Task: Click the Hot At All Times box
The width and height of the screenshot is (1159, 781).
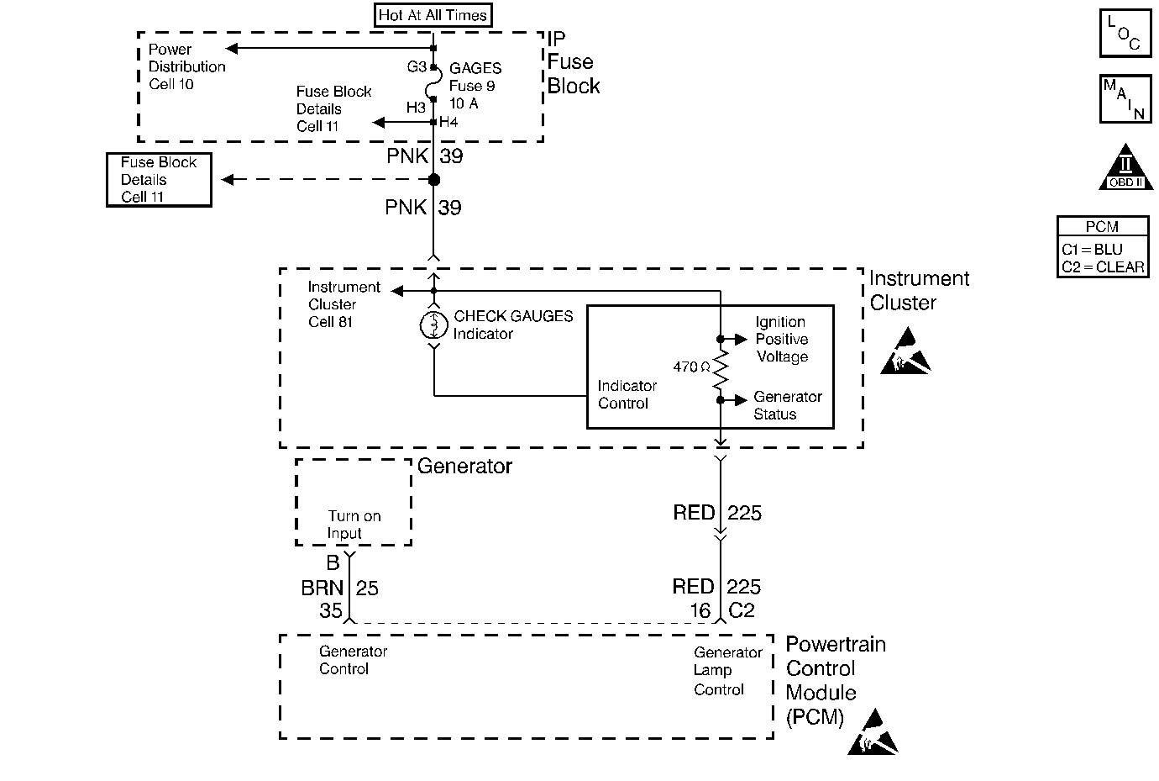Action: click(433, 15)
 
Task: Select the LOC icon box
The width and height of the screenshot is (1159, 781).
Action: click(1125, 34)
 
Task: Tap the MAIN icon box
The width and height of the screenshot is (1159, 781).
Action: click(1125, 99)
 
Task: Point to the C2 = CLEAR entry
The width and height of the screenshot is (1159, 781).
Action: click(1103, 267)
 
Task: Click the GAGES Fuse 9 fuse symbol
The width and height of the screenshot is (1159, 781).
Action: click(433, 84)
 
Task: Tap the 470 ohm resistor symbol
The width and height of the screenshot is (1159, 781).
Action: click(720, 370)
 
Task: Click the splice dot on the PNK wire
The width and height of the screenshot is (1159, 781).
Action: click(433, 180)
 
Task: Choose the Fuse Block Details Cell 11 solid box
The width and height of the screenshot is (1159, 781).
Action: click(159, 180)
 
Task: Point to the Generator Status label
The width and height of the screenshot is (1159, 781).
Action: click(787, 405)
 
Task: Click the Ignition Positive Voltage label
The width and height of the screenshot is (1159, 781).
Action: click(781, 339)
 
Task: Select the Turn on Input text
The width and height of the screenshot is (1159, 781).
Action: click(354, 525)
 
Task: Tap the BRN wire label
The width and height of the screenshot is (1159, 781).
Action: click(323, 588)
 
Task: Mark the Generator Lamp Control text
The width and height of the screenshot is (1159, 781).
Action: click(727, 671)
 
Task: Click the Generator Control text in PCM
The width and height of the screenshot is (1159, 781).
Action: click(353, 660)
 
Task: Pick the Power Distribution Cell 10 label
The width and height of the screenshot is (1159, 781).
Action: click(186, 66)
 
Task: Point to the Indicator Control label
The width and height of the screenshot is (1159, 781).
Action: click(627, 394)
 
